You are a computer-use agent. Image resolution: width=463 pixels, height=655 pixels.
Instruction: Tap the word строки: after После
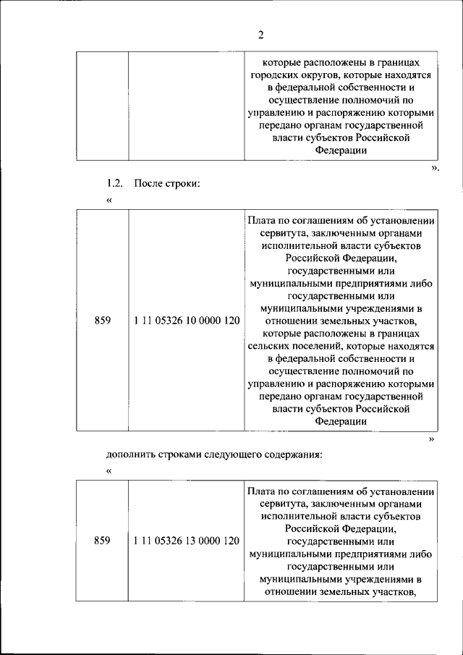tap(184, 183)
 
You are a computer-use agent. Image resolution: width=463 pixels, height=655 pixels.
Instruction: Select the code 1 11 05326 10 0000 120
tap(187, 321)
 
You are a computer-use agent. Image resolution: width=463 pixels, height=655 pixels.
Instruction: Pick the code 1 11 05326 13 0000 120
tap(187, 541)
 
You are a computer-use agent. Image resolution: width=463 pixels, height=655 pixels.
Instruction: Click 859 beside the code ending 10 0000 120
tap(103, 321)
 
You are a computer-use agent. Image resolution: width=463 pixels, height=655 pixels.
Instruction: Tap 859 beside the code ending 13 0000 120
tap(103, 541)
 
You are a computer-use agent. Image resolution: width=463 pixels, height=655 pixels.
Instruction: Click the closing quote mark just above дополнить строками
tap(432, 439)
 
